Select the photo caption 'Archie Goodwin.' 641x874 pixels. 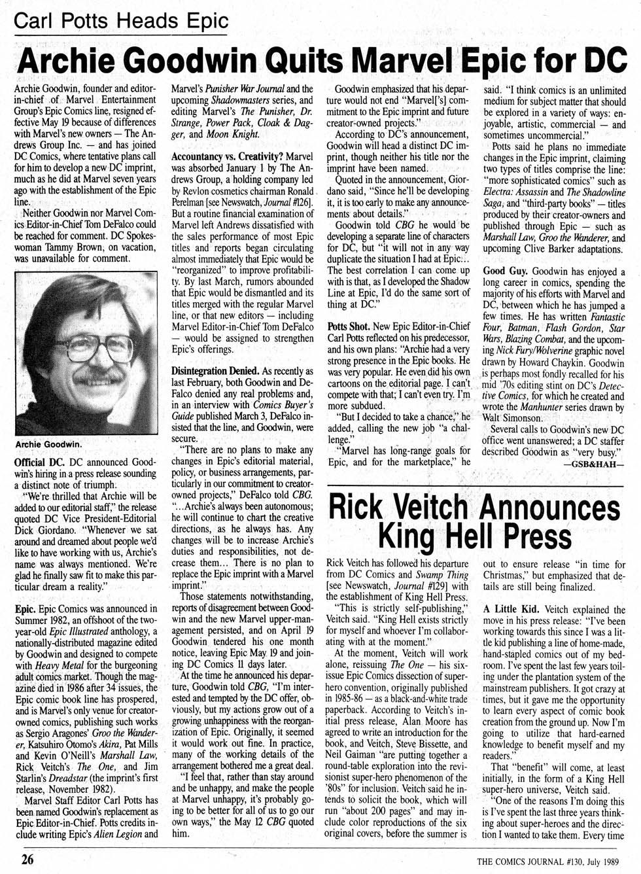48,444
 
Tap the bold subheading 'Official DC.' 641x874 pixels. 39,462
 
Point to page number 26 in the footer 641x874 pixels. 27,859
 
